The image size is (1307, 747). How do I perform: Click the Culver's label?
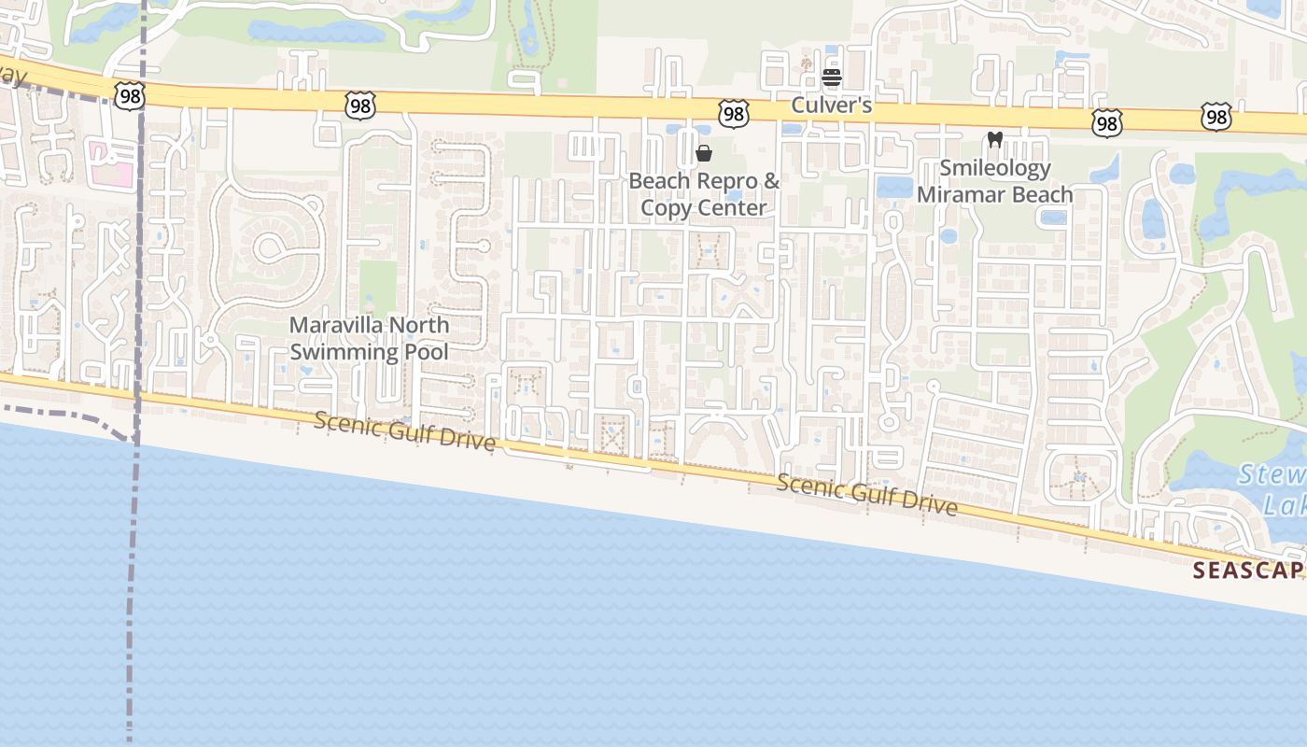pos(831,105)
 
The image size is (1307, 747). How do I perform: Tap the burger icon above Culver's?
pos(832,78)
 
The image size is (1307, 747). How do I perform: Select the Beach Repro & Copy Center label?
pos(704,194)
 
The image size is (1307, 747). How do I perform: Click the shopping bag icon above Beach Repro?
pos(704,153)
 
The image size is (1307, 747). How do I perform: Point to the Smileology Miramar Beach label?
pos(994,181)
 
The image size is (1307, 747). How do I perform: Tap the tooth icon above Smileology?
pos(994,140)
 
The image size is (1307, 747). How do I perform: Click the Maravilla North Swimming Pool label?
pos(369,338)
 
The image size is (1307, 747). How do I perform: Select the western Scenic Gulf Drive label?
pos(404,431)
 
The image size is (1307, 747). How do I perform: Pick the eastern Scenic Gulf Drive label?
pos(866,495)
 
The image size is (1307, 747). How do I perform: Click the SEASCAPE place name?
pos(1249,571)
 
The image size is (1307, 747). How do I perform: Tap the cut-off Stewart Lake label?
pos(1274,490)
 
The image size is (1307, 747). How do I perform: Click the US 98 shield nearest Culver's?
pos(733,114)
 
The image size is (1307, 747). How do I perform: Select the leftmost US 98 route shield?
pos(130,94)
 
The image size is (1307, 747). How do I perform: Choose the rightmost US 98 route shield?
pos(1216,117)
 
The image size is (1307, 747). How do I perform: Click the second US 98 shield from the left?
pos(359,106)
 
